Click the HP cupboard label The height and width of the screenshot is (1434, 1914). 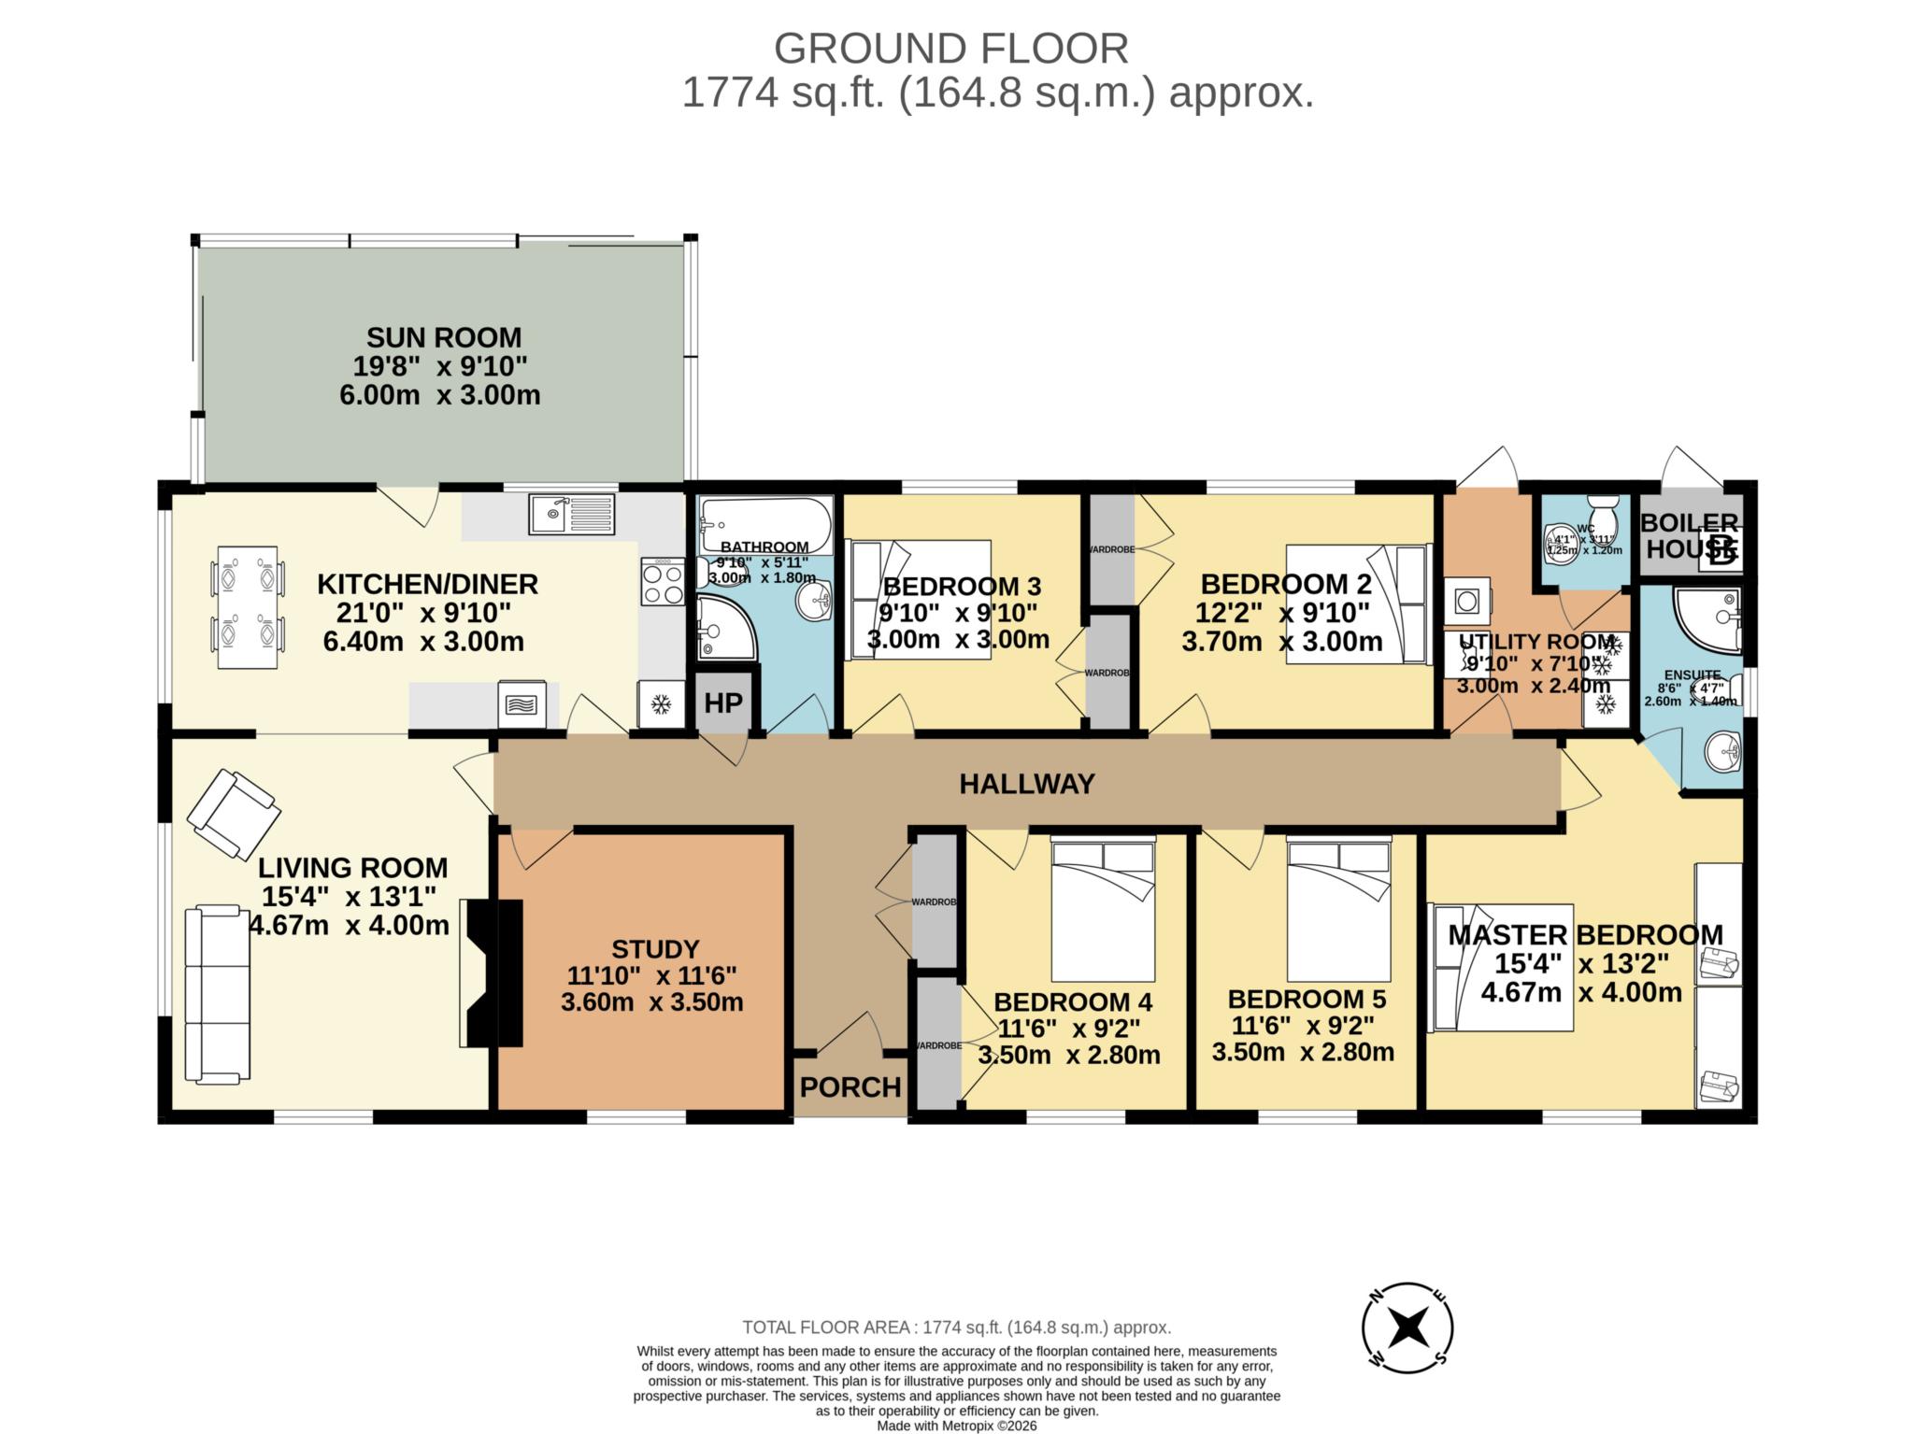[x=722, y=703]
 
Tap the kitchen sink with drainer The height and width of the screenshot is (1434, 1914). [x=572, y=514]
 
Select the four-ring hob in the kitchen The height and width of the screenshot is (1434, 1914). [x=662, y=581]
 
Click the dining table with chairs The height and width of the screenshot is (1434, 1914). [x=247, y=607]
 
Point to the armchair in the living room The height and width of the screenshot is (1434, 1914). [x=233, y=814]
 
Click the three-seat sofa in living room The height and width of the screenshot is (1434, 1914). [x=218, y=994]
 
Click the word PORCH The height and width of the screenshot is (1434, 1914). [x=850, y=1086]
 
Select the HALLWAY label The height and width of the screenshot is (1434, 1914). [x=1026, y=784]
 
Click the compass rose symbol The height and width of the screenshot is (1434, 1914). [x=1407, y=1327]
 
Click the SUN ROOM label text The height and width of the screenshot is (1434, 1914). [x=443, y=337]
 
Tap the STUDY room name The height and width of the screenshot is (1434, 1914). [x=655, y=949]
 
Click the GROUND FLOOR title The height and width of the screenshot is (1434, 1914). [x=950, y=49]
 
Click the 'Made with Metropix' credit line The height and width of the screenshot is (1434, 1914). [x=956, y=1426]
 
